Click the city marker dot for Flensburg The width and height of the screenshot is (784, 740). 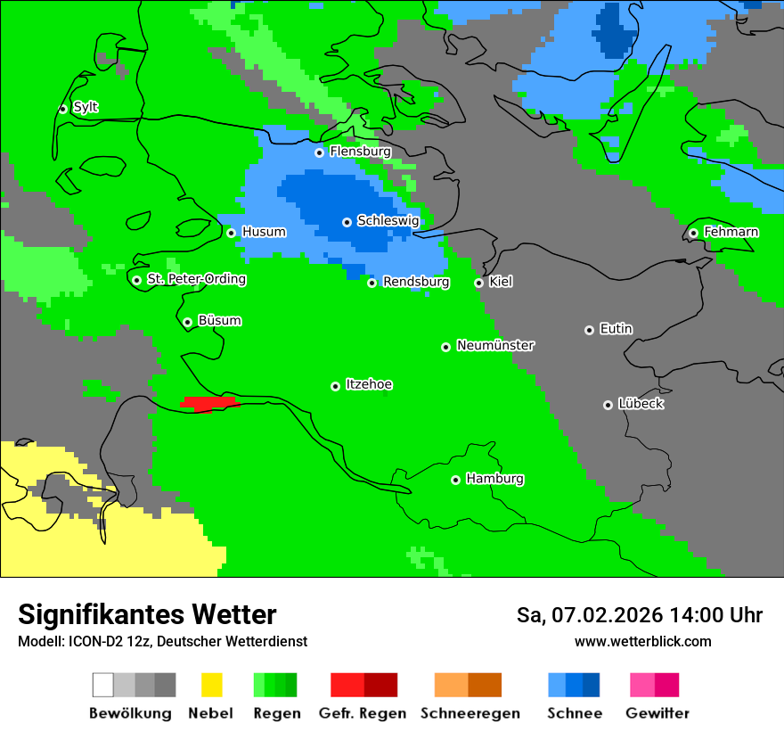click(319, 152)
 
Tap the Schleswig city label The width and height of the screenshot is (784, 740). click(388, 220)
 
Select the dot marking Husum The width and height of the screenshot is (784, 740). click(231, 233)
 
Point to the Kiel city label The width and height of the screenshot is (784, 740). click(501, 282)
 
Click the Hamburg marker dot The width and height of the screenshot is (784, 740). click(455, 480)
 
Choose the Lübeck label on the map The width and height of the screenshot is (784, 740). click(641, 404)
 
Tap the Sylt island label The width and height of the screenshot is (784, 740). click(86, 107)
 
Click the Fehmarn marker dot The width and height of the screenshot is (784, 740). click(693, 234)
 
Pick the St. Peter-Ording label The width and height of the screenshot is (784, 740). click(196, 279)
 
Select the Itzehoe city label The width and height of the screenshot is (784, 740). click(369, 384)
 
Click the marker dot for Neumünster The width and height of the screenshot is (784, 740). click(445, 347)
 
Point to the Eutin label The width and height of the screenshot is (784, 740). click(616, 329)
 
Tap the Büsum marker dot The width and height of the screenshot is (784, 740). click(187, 322)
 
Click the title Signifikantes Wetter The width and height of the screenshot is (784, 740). click(147, 614)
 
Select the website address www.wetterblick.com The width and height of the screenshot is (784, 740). click(642, 641)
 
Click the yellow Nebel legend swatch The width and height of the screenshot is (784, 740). click(211, 685)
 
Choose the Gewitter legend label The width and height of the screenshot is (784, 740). click(657, 713)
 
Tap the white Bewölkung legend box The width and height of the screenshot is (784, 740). click(103, 685)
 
